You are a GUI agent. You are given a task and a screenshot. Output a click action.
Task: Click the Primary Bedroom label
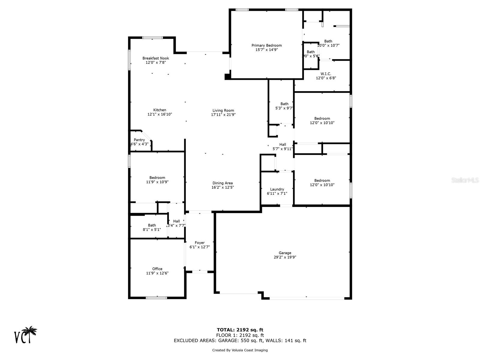coord(266,46)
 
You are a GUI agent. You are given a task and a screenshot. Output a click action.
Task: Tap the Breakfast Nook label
coord(155,58)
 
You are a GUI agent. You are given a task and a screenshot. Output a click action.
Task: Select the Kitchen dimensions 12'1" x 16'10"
coord(160,114)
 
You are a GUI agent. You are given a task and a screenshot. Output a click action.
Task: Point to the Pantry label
coord(139,140)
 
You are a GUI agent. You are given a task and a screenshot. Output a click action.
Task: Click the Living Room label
coord(223,110)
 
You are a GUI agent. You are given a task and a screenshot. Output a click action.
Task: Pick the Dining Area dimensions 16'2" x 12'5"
coord(223,187)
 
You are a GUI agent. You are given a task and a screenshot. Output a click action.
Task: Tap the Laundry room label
coord(277,189)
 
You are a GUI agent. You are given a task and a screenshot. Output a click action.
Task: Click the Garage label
coord(285,253)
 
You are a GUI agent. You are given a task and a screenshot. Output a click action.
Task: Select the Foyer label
coord(199,243)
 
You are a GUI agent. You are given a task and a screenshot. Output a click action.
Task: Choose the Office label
coord(157,269)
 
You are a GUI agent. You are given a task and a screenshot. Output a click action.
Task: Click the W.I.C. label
coord(326,74)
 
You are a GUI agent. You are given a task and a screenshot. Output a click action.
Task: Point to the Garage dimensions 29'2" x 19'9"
coord(285,257)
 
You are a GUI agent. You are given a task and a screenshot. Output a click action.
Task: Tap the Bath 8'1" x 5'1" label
coord(152,225)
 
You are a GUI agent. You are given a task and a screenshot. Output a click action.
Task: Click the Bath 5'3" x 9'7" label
coord(284,104)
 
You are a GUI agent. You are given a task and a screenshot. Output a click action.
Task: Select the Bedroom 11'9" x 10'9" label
coord(157,178)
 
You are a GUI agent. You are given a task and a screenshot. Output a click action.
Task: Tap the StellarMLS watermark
coord(465,180)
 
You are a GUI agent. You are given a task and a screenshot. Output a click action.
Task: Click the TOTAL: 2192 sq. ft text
coord(240,330)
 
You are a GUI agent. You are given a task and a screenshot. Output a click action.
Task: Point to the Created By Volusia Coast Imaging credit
coord(240,350)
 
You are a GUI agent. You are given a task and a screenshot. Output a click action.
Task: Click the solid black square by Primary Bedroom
coord(227,76)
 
